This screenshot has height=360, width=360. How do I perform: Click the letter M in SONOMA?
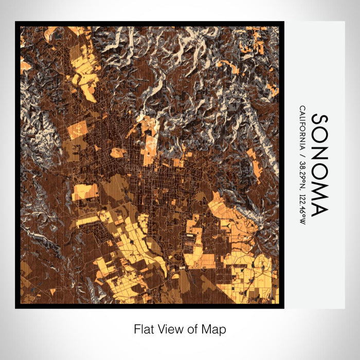coord(319,194)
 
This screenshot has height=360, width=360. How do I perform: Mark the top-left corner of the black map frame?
coord(15,22)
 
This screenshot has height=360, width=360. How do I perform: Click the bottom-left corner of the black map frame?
coord(15,308)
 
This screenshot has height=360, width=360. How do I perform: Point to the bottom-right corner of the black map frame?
coord(284,308)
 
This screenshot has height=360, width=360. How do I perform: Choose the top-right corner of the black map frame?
coord(284,22)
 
